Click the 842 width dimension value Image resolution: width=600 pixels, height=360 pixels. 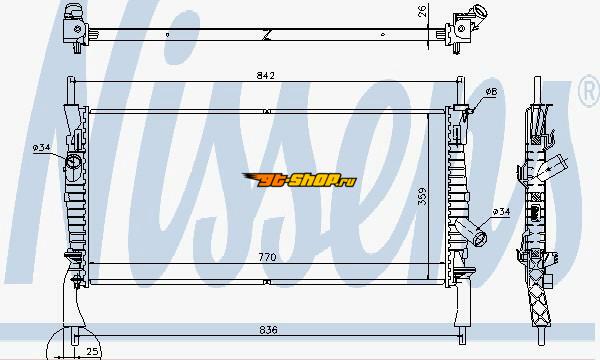click(266, 75)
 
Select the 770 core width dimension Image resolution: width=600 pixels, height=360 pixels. click(267, 257)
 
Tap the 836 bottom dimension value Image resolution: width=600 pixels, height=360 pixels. click(268, 329)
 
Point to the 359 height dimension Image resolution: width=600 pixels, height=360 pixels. click(422, 196)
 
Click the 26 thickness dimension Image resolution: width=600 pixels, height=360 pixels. click(422, 11)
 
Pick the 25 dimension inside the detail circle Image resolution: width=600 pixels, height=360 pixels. click(92, 351)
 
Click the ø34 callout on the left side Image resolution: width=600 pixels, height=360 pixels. click(41, 147)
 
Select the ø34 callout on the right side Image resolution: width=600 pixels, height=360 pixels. click(501, 211)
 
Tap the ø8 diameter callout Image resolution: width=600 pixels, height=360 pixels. click(491, 92)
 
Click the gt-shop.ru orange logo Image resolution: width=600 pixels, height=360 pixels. click(299, 180)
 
